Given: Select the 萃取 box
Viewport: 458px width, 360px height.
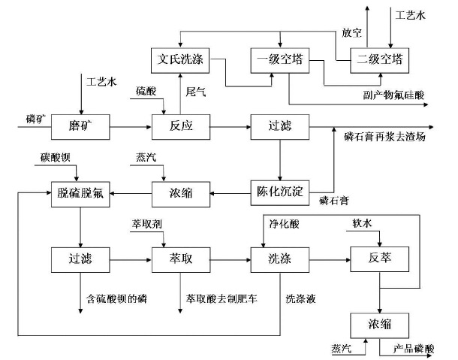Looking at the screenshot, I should tap(178, 260).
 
